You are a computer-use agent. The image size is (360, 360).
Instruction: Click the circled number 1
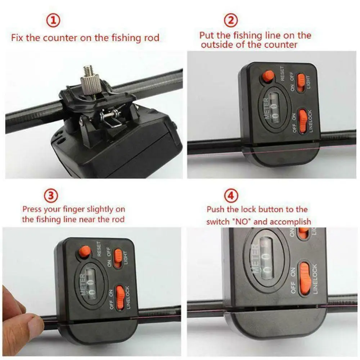pos(53,21)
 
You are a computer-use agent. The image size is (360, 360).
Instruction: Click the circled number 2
pos(231,21)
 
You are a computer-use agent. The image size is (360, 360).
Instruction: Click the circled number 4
pos(231,196)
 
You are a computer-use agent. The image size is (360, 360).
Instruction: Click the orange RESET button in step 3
pos(85,251)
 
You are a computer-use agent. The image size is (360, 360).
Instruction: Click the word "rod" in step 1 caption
pos(152,38)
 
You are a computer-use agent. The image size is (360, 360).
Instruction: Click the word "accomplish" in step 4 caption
pos(292,221)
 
